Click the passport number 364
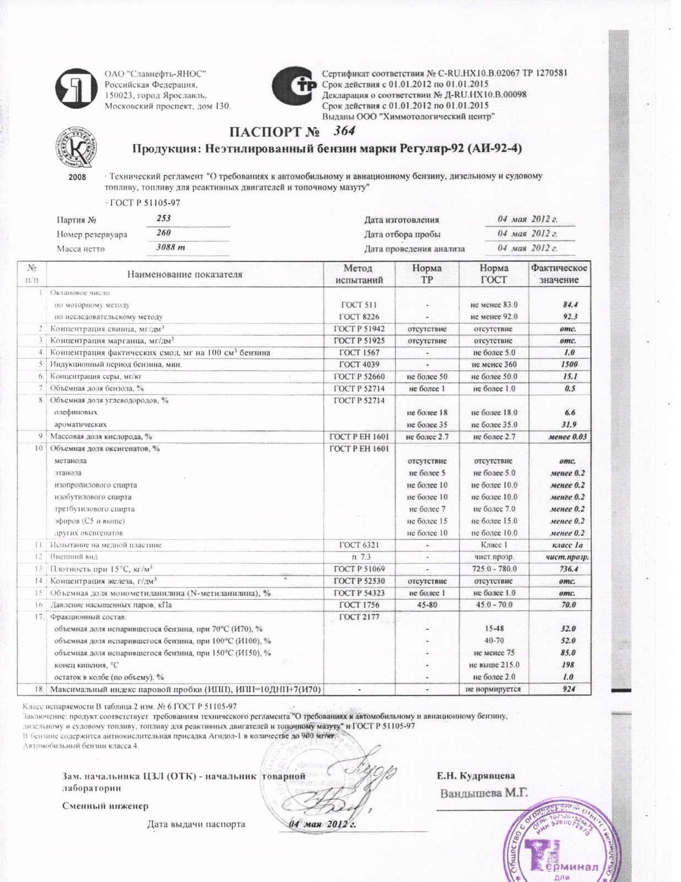344,131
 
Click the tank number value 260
164,233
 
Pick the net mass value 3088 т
171,248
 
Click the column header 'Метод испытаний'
358,274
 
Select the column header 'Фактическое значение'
559,274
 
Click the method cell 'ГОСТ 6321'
358,545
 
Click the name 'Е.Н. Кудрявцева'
476,776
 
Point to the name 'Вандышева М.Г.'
484,793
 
